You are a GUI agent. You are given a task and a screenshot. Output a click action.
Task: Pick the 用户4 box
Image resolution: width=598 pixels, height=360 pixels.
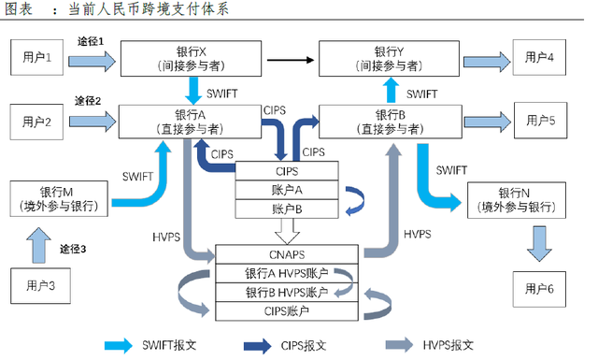(539, 58)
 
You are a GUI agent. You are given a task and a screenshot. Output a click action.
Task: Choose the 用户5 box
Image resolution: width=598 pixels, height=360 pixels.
(539, 121)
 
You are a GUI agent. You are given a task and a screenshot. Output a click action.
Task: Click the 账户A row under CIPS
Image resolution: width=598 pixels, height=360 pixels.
(287, 190)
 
